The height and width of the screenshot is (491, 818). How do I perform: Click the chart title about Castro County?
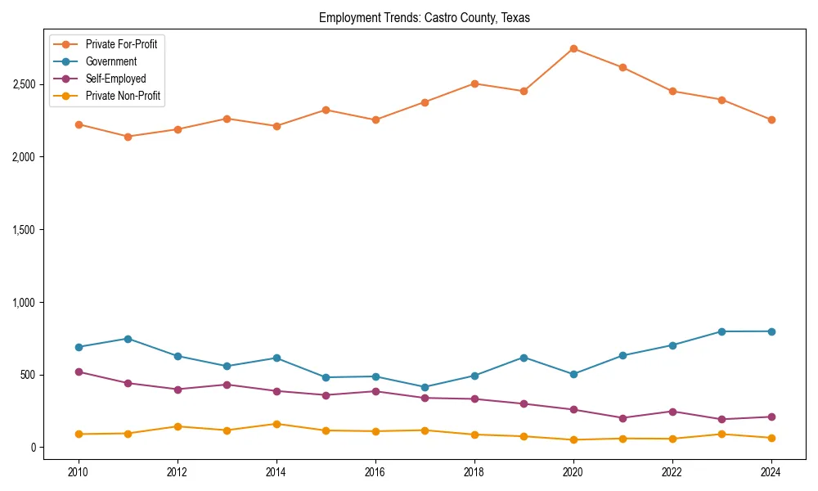(x=425, y=18)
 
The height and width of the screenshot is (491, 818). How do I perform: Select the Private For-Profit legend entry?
(x=121, y=44)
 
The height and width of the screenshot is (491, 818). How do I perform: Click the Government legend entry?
(x=110, y=61)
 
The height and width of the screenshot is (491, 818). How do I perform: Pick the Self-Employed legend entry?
(x=115, y=79)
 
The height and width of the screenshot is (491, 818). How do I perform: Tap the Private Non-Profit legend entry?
(x=123, y=96)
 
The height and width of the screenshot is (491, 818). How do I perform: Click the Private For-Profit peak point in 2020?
(x=573, y=49)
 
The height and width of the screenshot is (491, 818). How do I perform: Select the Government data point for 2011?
(x=128, y=339)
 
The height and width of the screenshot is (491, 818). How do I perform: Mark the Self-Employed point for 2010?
(x=79, y=372)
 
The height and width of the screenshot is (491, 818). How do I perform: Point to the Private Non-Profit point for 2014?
(x=276, y=424)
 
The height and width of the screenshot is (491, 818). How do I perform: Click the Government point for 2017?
(x=425, y=387)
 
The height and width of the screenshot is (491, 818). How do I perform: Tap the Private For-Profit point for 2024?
(x=771, y=119)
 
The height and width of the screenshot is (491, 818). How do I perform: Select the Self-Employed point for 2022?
(x=672, y=412)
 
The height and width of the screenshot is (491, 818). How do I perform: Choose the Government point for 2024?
(x=771, y=331)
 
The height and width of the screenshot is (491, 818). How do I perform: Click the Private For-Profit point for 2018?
(x=474, y=83)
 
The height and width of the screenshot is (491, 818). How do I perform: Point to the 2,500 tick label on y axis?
(x=23, y=84)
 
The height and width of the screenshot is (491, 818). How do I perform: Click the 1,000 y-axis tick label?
(x=23, y=303)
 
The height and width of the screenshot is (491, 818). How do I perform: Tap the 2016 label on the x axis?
(x=375, y=472)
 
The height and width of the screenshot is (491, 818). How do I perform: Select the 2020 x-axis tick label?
(x=573, y=472)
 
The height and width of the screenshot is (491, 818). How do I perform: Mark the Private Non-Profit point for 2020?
(x=573, y=439)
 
